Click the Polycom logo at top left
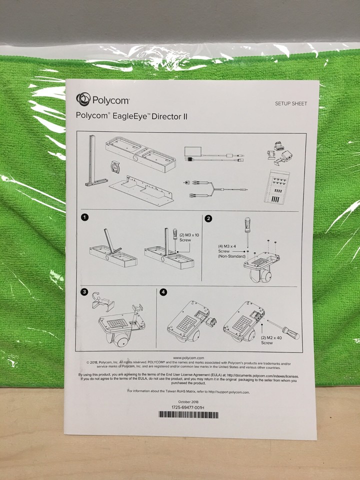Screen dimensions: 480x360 103,99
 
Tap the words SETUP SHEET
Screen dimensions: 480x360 290,103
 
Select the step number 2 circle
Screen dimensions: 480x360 208,218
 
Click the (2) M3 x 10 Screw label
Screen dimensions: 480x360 188,237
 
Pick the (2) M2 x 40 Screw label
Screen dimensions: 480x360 271,340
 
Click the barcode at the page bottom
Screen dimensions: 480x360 188,414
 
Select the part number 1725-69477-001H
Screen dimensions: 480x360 188,407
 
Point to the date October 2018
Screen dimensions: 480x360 188,401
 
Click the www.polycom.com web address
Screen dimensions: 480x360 188,358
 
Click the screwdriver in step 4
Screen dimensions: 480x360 283,328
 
